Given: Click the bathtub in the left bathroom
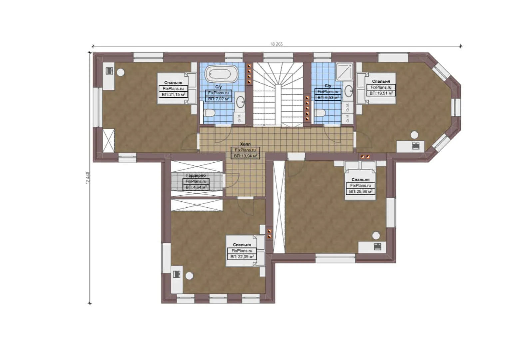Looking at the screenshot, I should click(x=221, y=73).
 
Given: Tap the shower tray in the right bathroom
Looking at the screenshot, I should click(x=344, y=72).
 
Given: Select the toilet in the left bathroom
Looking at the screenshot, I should click(x=209, y=113).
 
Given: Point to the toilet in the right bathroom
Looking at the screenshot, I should click(x=319, y=113).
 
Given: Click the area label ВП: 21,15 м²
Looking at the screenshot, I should click(x=173, y=95).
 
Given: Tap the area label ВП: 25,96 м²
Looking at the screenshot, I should click(x=360, y=192).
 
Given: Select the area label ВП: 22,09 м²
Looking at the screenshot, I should click(x=242, y=257).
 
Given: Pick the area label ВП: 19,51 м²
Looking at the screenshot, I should click(x=381, y=93).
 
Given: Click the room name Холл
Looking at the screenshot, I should click(x=245, y=144).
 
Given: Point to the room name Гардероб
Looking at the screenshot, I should click(x=196, y=175).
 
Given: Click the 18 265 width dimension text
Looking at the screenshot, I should click(x=276, y=44).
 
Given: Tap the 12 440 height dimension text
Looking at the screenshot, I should click(x=88, y=178).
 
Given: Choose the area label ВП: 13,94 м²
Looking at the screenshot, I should click(x=246, y=156).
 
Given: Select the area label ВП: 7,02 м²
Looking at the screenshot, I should click(x=219, y=99).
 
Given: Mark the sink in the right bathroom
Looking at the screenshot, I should click(x=348, y=91).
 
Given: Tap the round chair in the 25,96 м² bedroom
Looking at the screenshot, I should click(x=376, y=235).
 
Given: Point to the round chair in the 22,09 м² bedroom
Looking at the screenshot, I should click(x=189, y=276).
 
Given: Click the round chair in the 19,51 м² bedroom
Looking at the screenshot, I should click(x=414, y=135).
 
